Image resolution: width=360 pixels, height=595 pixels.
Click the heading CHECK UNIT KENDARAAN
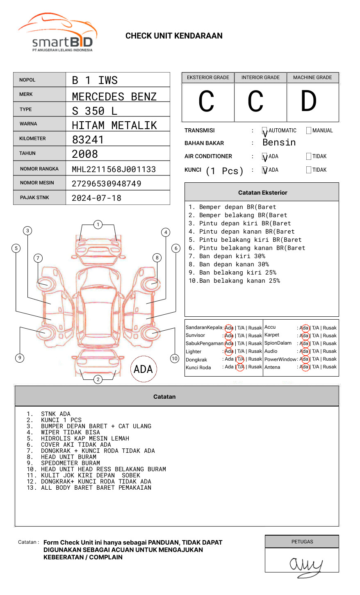pyautogui.click(x=174, y=36)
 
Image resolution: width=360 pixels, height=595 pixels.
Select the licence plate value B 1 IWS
pyautogui.click(x=95, y=80)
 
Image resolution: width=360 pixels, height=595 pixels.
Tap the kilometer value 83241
pyautogui.click(x=88, y=140)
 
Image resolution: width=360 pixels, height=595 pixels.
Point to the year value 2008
pyautogui.click(x=85, y=154)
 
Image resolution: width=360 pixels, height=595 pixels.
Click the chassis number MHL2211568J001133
pyautogui.click(x=114, y=169)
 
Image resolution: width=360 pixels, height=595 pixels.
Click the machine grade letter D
pyautogui.click(x=309, y=102)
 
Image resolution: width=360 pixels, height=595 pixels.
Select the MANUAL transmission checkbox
pyautogui.click(x=309, y=131)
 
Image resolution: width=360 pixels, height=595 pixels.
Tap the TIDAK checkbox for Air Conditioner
pyautogui.click(x=309, y=157)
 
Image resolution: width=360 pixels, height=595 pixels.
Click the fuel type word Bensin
pyautogui.click(x=279, y=143)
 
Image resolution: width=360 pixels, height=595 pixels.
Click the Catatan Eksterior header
pyautogui.click(x=262, y=193)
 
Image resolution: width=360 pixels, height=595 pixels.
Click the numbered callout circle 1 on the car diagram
pyautogui.click(x=98, y=225)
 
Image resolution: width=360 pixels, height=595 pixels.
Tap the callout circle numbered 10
pyautogui.click(x=175, y=359)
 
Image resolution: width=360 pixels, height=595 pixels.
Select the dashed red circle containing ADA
pyautogui.click(x=143, y=369)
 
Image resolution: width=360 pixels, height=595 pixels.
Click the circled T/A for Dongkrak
pyautogui.click(x=240, y=359)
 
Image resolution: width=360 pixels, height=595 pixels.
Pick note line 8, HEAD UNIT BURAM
pyautogui.click(x=68, y=457)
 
